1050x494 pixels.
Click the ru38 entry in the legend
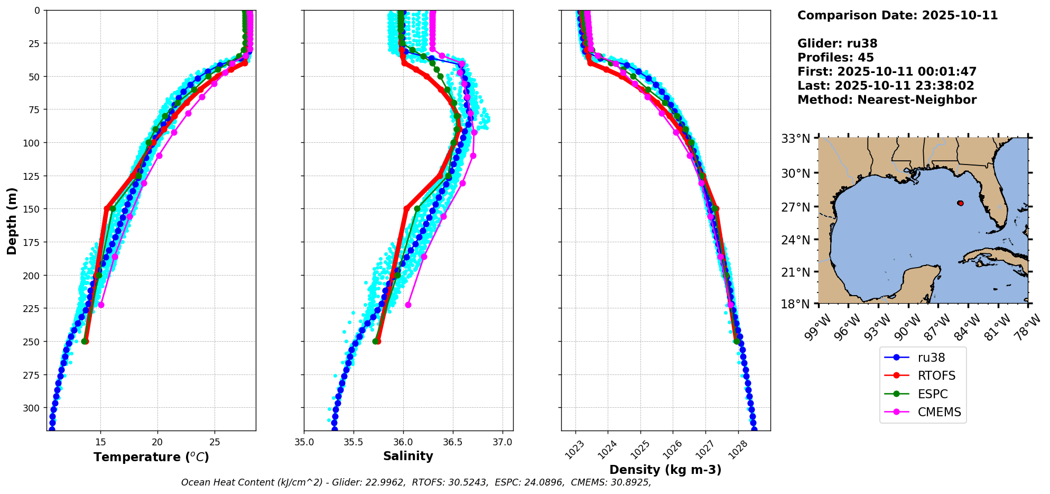931,358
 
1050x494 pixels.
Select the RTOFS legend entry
936,376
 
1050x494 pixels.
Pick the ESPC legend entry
933,394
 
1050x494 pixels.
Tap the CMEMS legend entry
939,412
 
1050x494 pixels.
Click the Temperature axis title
151,457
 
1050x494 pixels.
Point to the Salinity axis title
408,456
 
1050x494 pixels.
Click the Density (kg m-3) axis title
665,470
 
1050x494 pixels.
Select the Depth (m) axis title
12,221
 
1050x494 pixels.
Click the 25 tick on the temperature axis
215,442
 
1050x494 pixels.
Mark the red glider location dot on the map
960,203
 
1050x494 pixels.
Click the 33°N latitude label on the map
796,139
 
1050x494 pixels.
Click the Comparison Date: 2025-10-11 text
897,15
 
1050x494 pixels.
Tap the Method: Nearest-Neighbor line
887,100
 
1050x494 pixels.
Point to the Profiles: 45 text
835,58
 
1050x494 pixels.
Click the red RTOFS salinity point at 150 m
406,208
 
